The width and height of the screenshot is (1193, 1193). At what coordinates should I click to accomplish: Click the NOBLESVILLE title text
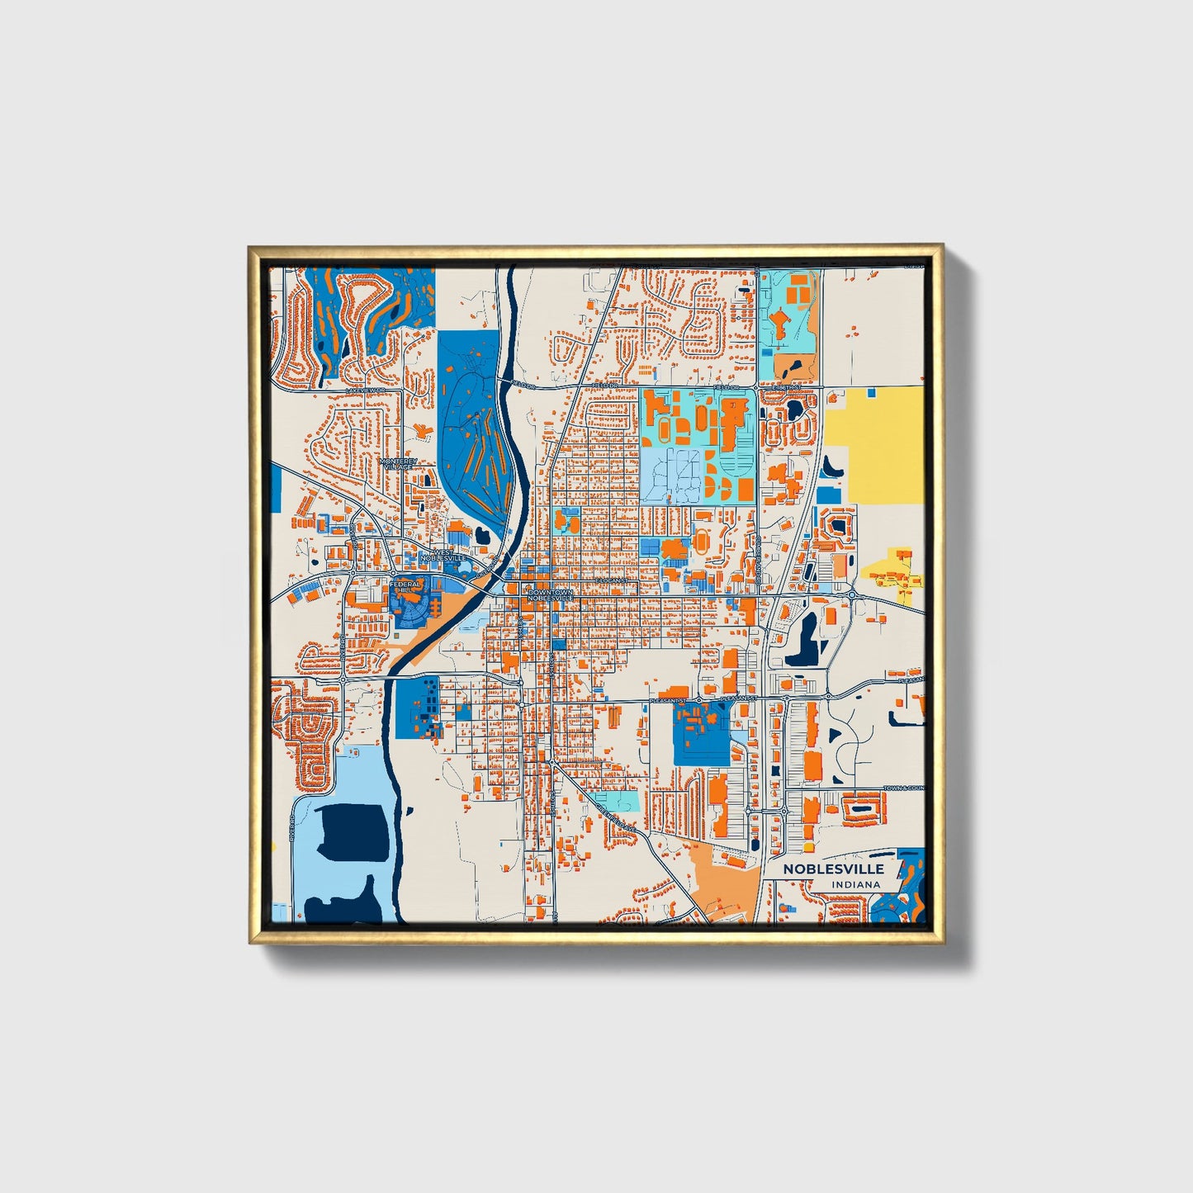[x=833, y=869]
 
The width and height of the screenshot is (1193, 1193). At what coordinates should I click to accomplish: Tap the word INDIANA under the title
[x=856, y=885]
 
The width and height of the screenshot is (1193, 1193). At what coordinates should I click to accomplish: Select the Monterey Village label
[x=399, y=464]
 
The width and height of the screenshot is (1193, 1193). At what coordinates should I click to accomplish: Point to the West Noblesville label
[x=444, y=555]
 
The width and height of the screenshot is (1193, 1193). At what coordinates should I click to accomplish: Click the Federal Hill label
[x=406, y=588]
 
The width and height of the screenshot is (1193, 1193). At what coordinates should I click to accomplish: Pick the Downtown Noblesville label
[x=551, y=595]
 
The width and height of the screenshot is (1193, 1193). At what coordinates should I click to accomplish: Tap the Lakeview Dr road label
[x=366, y=390]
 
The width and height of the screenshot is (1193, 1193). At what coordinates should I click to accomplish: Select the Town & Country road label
[x=903, y=788]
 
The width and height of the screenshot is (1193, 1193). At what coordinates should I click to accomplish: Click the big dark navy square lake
[x=353, y=833]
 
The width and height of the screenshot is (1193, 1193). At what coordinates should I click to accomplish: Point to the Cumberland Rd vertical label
[x=758, y=561]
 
